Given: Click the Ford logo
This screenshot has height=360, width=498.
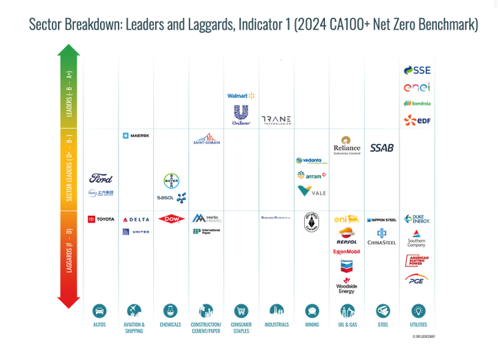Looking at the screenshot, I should point(101,179).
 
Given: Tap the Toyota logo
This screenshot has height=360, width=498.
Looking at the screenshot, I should point(101,219).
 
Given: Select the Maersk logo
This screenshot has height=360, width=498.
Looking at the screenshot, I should point(135,136).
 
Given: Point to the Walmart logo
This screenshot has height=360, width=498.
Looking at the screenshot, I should point(241,96).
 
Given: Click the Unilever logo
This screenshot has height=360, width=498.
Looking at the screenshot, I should point(241,114).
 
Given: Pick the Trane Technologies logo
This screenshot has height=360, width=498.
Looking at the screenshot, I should point(276,120).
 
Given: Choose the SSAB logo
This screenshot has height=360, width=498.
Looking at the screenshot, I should point(381,148).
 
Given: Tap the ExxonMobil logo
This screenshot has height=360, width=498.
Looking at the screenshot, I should point(346,252).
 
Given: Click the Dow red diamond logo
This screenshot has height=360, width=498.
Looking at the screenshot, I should point(171,219).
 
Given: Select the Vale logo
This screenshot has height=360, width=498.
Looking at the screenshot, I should point(312,191).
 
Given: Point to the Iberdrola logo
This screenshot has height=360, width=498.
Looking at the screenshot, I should point(417,103).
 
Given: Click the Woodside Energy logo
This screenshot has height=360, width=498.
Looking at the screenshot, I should point(346,284).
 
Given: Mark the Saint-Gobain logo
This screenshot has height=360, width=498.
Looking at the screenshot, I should point(206,139).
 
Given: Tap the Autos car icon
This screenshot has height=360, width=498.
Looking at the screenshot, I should point(100,311).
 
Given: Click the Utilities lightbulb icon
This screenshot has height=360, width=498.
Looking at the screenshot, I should point(418,311).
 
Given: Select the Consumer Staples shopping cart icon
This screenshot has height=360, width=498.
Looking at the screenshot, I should point(241,311).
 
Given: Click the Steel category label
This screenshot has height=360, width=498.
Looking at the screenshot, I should point(383,325).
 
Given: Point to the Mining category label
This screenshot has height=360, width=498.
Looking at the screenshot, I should point(312,325).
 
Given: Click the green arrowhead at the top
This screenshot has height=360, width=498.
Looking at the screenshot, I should point(68,50).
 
